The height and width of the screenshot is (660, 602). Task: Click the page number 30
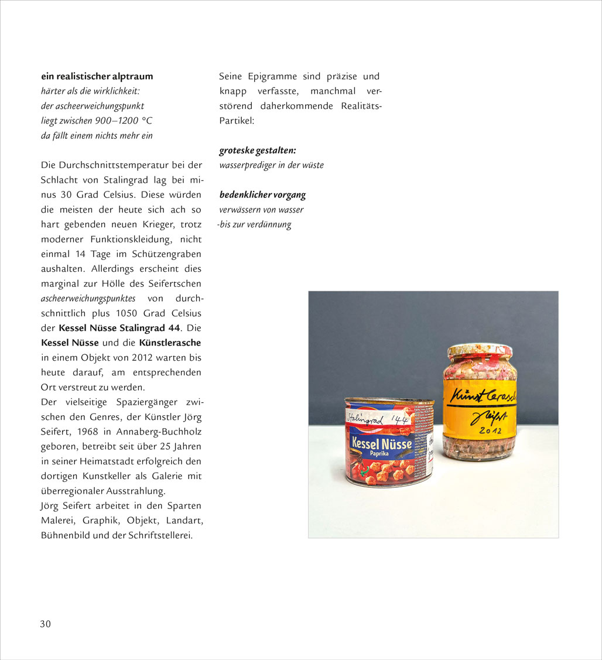pyautogui.click(x=45, y=624)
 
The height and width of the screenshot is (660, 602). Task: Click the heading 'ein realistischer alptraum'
pyautogui.click(x=97, y=76)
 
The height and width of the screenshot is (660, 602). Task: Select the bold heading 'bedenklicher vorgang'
pyautogui.click(x=262, y=195)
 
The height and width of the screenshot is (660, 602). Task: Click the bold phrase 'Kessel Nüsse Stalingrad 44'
pyautogui.click(x=119, y=328)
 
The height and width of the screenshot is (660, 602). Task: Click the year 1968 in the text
pyautogui.click(x=87, y=432)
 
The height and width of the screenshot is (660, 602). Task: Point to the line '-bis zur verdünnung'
pyautogui.click(x=254, y=224)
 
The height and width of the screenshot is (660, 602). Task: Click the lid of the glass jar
pyautogui.click(x=480, y=351)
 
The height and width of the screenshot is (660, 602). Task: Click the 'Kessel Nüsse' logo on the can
pyautogui.click(x=381, y=443)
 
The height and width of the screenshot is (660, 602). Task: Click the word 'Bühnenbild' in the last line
pyautogui.click(x=64, y=535)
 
